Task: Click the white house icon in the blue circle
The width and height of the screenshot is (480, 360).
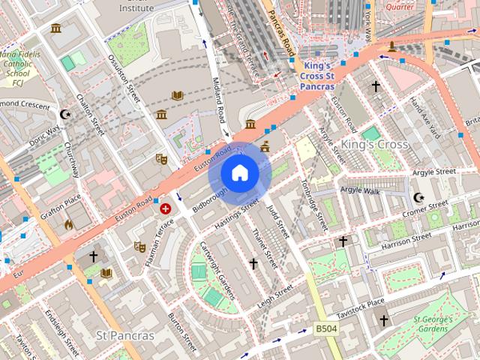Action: point(239,173)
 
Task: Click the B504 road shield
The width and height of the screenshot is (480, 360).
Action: point(325,329)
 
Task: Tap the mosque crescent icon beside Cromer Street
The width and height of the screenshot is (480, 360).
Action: point(418,198)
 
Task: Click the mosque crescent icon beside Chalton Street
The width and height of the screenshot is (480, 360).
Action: point(65,114)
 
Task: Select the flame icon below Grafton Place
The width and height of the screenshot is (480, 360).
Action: point(69,223)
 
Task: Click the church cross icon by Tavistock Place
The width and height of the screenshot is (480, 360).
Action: point(383,320)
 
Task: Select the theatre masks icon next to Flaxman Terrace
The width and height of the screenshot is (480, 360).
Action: point(139,246)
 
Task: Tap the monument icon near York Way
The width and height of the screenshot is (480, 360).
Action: point(391,47)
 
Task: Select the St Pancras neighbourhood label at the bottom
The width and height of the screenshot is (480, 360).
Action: point(125,334)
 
